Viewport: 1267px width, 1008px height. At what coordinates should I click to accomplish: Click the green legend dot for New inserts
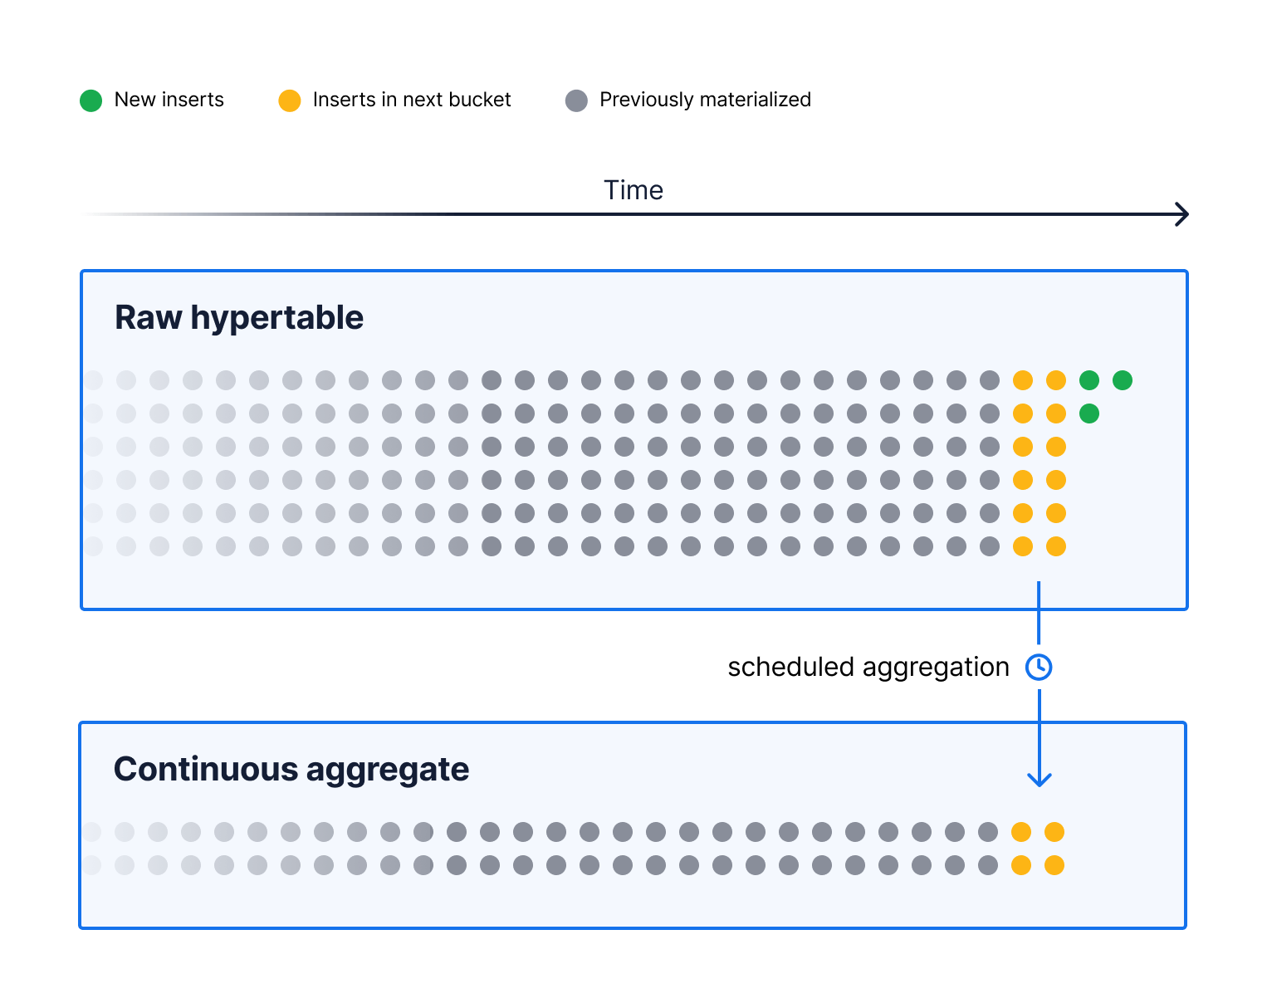tap(90, 100)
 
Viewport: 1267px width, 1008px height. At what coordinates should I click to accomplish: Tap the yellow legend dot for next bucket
tap(289, 100)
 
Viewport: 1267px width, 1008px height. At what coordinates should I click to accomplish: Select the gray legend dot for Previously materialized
tap(576, 100)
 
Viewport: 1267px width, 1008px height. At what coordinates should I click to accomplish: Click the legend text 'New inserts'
tap(169, 100)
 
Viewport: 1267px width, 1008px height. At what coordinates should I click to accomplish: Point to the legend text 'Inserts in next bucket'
tap(411, 100)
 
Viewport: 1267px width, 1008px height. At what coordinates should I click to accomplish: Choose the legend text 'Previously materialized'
tap(705, 100)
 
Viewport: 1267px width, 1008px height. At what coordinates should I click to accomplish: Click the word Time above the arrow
tap(633, 190)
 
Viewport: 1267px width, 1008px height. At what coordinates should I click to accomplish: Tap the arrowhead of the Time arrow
tap(1182, 214)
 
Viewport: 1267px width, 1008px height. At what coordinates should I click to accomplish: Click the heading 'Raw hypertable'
tap(238, 317)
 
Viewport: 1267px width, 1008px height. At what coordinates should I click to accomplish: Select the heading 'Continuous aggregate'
tap(291, 769)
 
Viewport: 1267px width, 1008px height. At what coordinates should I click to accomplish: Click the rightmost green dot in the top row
tap(1123, 380)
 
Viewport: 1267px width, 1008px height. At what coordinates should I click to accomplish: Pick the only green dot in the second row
tap(1089, 413)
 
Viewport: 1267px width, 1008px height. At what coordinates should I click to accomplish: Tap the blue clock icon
tap(1039, 667)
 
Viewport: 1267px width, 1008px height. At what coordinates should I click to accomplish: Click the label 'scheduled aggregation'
tap(868, 667)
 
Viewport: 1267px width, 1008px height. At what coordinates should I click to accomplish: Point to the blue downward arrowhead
tap(1040, 779)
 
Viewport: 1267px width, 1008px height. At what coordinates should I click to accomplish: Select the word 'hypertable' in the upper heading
tap(276, 317)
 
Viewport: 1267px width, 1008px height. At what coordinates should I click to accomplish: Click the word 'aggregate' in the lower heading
tap(388, 770)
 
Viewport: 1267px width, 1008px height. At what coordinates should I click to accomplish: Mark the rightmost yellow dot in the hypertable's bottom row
tap(1056, 546)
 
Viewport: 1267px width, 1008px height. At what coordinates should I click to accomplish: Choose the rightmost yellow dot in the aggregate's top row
tap(1054, 832)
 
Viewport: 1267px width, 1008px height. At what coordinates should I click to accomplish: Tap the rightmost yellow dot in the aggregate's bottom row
tap(1054, 865)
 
